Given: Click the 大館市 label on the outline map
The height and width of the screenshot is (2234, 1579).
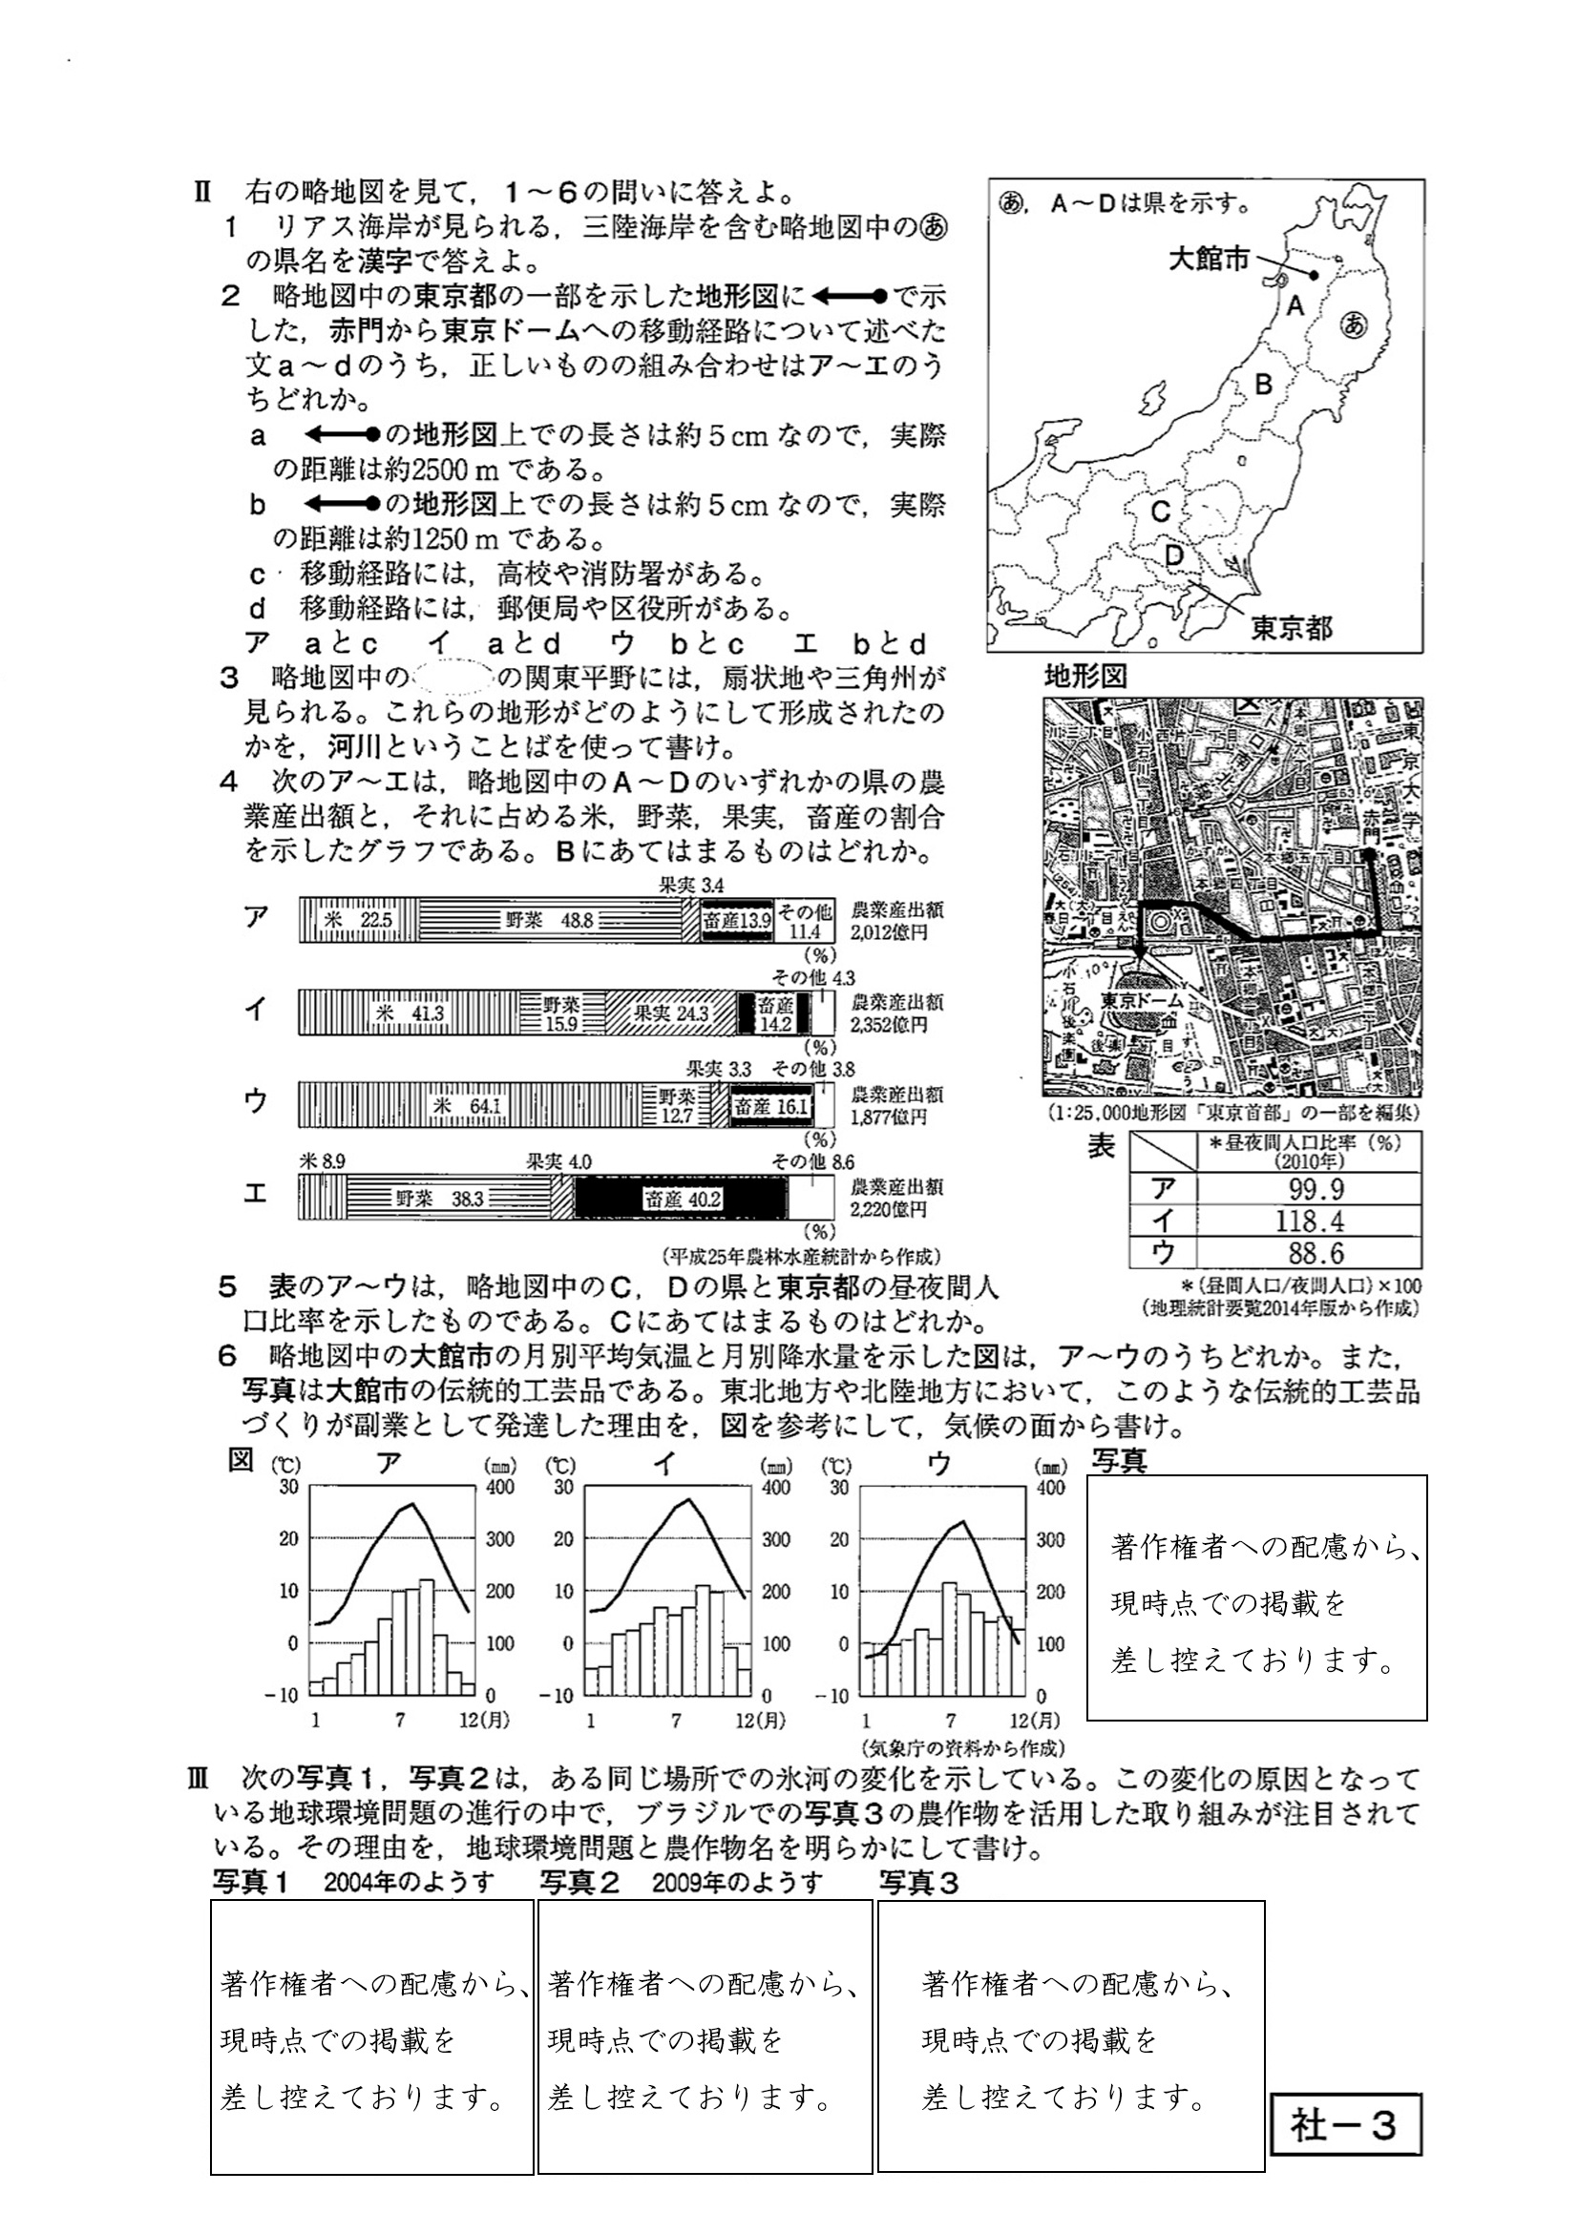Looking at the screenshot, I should [x=1208, y=259].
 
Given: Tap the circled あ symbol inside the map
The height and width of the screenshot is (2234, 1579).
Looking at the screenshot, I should [x=1352, y=328].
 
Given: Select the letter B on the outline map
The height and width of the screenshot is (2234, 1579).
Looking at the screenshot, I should [x=1263, y=385].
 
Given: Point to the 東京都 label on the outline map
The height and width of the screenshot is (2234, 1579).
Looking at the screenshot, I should [x=1291, y=628].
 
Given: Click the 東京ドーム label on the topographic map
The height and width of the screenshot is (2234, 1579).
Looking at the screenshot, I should [x=1142, y=1000].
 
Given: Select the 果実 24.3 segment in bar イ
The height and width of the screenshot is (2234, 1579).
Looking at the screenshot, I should [x=671, y=1013].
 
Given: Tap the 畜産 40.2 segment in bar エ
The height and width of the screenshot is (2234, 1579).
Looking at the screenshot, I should [x=682, y=1199].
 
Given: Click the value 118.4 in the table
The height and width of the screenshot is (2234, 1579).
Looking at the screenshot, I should [x=1311, y=1221].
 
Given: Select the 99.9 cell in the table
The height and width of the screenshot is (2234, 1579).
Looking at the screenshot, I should [x=1311, y=1189].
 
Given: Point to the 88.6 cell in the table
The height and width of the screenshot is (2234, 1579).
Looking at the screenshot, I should [x=1311, y=1252].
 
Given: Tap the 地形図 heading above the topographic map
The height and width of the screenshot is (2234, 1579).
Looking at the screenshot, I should [x=1084, y=678].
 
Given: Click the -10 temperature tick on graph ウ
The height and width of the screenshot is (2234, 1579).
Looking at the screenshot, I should [x=837, y=1695].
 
